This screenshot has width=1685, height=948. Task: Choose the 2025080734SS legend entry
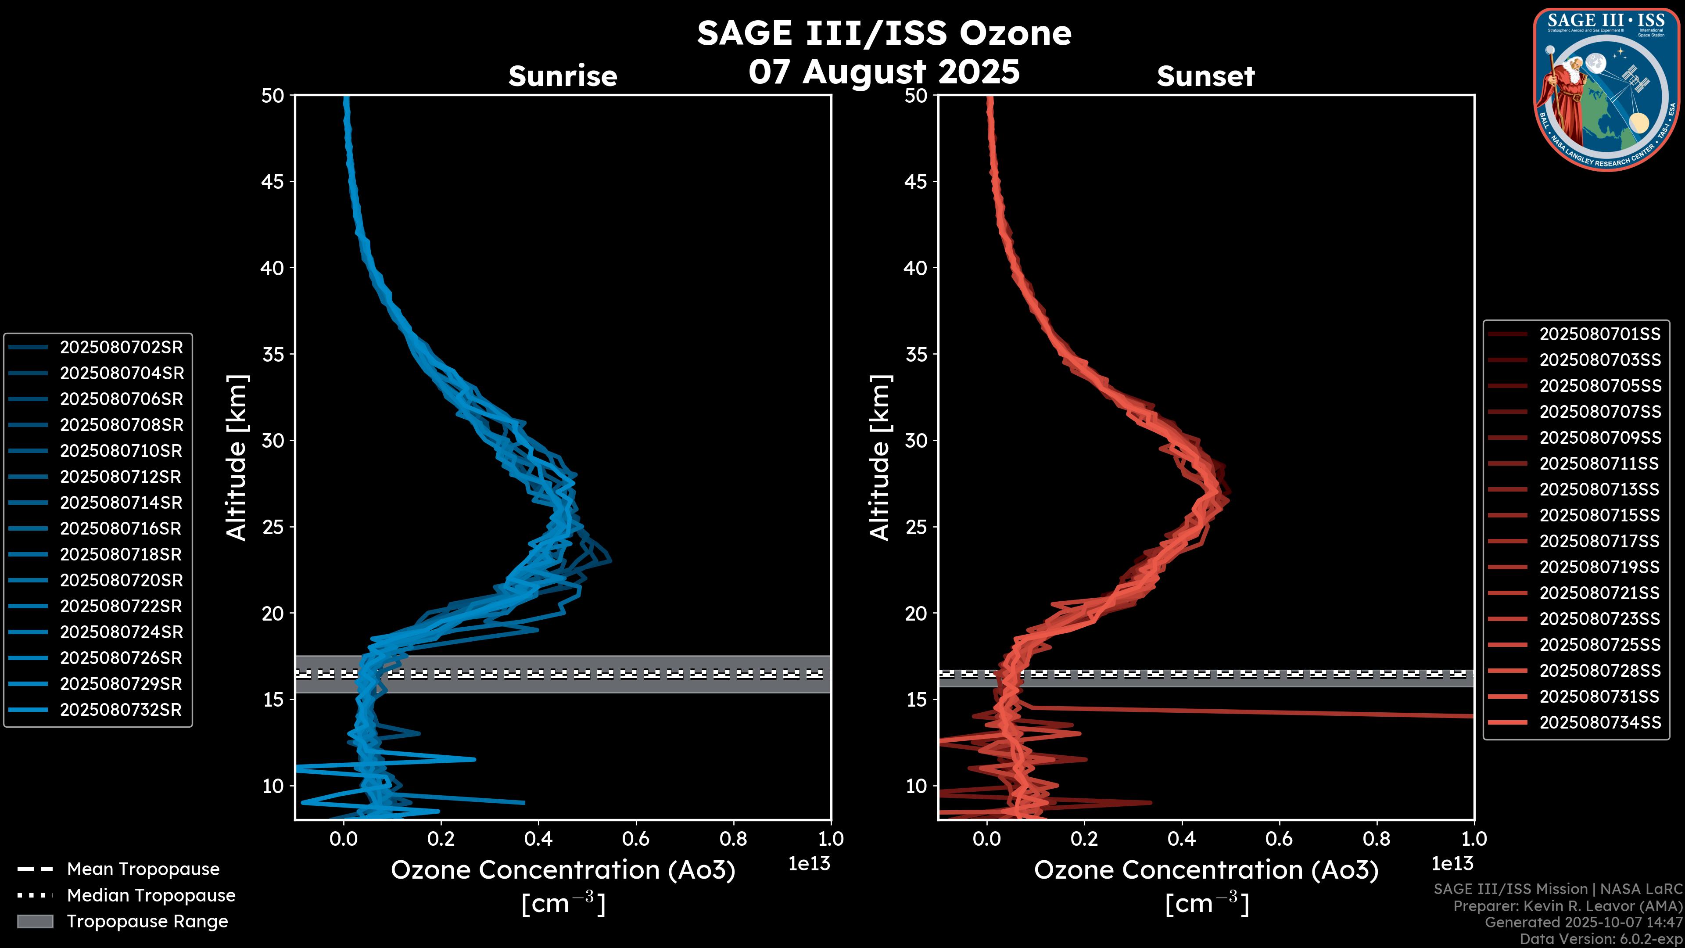click(1599, 722)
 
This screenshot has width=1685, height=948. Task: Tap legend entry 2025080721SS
click(1599, 593)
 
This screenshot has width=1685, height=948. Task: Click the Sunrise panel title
click(563, 76)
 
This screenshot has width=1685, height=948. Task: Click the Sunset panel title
click(1205, 76)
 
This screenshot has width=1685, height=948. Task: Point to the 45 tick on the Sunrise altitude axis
click(273, 181)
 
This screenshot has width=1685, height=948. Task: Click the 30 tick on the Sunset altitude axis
click(916, 440)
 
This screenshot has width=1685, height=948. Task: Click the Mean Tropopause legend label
click(143, 869)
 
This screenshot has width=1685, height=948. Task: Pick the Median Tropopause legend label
click(151, 896)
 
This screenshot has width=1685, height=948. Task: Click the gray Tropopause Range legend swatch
click(35, 921)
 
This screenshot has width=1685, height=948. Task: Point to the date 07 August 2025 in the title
click(884, 71)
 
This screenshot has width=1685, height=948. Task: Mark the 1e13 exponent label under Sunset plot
click(1452, 864)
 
